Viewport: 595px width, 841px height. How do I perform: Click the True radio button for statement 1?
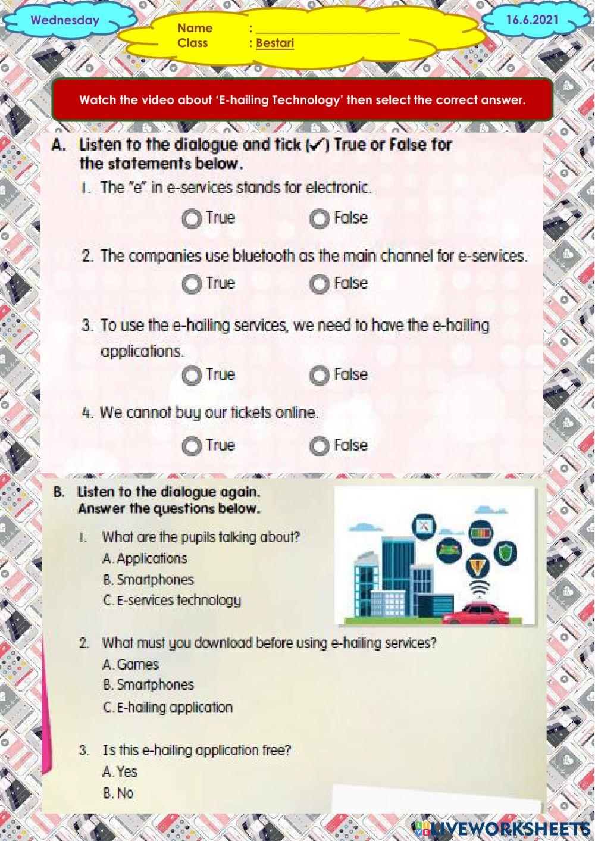pyautogui.click(x=191, y=219)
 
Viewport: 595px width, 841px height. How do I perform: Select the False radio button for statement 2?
pyautogui.click(x=319, y=284)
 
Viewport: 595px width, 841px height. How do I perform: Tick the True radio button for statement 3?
pyautogui.click(x=191, y=376)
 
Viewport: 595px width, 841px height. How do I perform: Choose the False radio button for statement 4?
pyautogui.click(x=319, y=446)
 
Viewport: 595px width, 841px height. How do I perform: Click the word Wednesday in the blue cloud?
pyautogui.click(x=65, y=20)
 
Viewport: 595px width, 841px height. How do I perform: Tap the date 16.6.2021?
pyautogui.click(x=533, y=20)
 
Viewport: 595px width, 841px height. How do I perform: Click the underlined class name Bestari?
pyautogui.click(x=275, y=43)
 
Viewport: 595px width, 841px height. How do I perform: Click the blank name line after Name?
pyautogui.click(x=327, y=29)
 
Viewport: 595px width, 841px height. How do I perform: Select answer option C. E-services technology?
pyautogui.click(x=172, y=600)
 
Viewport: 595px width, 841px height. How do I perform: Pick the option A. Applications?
pyautogui.click(x=145, y=558)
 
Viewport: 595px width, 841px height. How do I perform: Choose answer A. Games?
pyautogui.click(x=130, y=664)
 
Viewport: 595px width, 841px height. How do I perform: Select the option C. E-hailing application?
pyautogui.click(x=167, y=707)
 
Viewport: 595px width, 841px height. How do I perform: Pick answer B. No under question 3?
pyautogui.click(x=118, y=793)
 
